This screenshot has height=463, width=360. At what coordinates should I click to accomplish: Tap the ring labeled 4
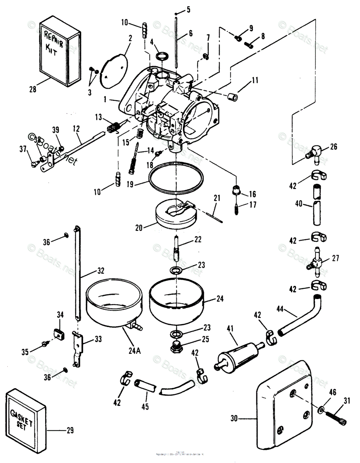tap(162, 56)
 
